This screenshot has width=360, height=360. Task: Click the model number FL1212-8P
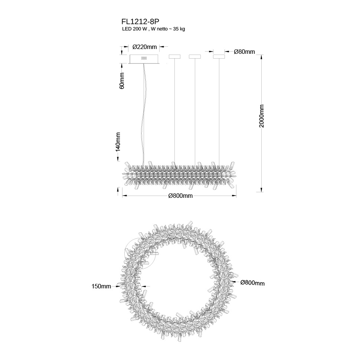pyautogui.click(x=140, y=22)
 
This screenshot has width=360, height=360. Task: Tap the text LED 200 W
pyautogui.click(x=134, y=29)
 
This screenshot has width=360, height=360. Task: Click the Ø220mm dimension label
pyautogui.click(x=145, y=47)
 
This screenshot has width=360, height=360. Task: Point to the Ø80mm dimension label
pyautogui.click(x=244, y=52)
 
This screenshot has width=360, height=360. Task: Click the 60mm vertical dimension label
pyautogui.click(x=122, y=81)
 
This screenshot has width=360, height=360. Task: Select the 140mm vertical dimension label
pyautogui.click(x=118, y=142)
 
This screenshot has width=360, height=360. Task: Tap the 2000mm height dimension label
pyautogui.click(x=262, y=116)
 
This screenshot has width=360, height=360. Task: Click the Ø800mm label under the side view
pyautogui.click(x=180, y=196)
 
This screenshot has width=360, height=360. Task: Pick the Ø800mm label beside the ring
pyautogui.click(x=252, y=283)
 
